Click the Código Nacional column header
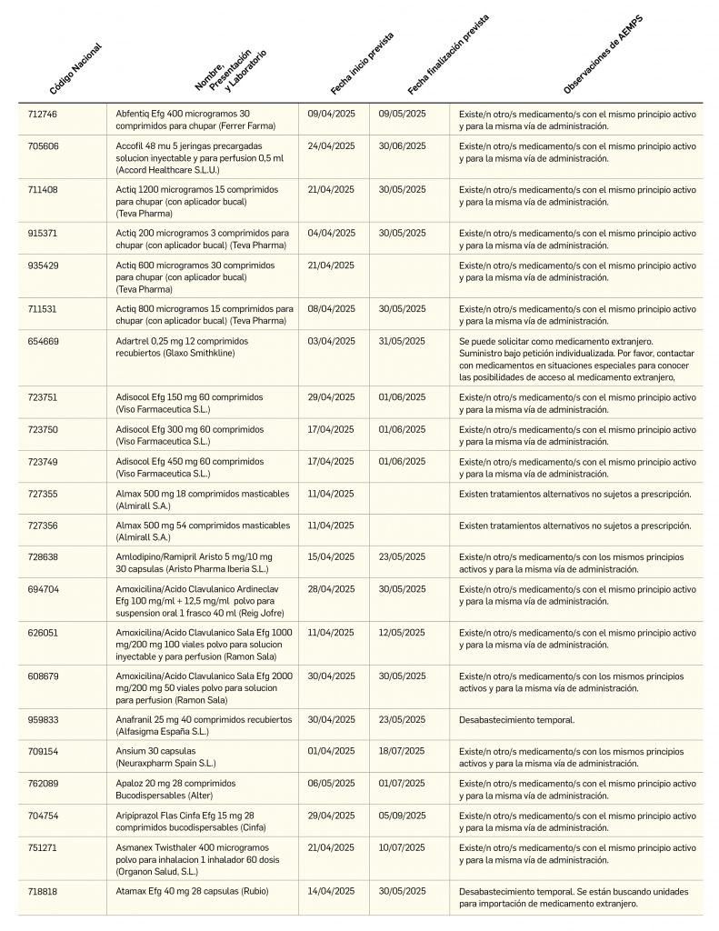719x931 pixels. [75, 70]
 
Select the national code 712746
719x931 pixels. [44, 113]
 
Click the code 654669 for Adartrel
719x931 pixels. [44, 341]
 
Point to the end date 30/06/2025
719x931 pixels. [402, 145]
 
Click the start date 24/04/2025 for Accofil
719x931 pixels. [331, 145]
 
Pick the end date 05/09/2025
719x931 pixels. [402, 816]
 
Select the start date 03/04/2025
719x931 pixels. [331, 341]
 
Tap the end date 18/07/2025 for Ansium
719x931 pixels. [402, 752]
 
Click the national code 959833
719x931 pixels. [44, 719]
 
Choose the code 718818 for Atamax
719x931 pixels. [44, 892]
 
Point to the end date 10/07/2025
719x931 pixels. [402, 848]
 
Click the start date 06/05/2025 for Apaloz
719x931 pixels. [331, 783]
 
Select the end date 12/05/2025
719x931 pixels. [402, 632]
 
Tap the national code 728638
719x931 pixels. [44, 556]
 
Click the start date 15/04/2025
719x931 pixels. [331, 556]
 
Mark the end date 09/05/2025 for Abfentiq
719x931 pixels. [402, 113]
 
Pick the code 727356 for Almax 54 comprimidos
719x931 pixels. [44, 525]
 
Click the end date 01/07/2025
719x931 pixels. [402, 783]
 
